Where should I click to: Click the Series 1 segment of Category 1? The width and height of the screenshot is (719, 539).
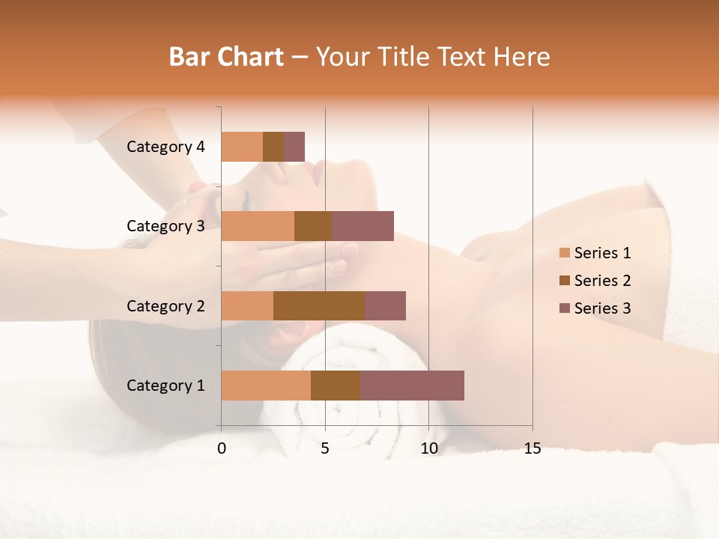point(266,386)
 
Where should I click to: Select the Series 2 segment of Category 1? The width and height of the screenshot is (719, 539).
point(336,386)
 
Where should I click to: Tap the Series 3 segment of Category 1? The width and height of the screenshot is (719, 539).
point(412,386)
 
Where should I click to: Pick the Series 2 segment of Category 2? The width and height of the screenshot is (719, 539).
point(319,305)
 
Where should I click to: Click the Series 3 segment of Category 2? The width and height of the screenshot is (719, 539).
point(385,305)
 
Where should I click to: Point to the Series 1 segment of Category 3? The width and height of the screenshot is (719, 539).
point(258,226)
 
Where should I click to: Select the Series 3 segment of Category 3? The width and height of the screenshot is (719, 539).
point(362,226)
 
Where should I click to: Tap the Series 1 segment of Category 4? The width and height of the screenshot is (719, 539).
point(242,147)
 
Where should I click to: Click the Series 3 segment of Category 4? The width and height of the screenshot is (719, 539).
point(294,147)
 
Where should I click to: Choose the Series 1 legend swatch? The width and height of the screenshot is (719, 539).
point(564,253)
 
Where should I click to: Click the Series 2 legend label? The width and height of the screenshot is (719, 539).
point(602,281)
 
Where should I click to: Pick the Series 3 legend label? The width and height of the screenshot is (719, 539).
point(602,308)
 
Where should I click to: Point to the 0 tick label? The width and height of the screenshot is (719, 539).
point(222,448)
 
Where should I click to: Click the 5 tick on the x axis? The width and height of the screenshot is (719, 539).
point(325,448)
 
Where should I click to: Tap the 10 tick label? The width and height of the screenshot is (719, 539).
point(428,448)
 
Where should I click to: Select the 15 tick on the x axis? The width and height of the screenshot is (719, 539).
point(533,448)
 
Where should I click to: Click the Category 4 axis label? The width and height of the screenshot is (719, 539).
point(166,147)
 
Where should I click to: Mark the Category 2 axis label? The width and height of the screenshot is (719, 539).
point(166,306)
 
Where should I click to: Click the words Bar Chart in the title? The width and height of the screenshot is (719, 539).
point(226,56)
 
